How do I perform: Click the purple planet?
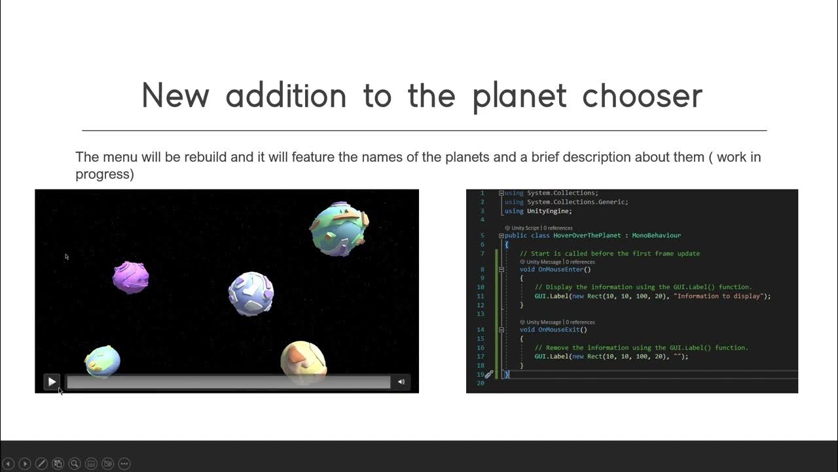[x=130, y=277]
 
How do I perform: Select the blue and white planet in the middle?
[x=251, y=293]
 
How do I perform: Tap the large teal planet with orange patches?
[x=338, y=228]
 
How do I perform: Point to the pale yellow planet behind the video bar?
[x=303, y=359]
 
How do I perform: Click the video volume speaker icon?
[x=401, y=382]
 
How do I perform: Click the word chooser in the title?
[x=642, y=96]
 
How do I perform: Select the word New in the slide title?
[x=175, y=96]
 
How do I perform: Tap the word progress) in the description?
[x=105, y=174]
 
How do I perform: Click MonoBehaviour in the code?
[x=656, y=235]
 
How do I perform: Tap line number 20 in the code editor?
[x=481, y=383]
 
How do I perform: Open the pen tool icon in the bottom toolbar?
[x=41, y=463]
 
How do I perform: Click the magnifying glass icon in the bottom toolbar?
[x=75, y=463]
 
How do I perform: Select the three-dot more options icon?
[x=124, y=463]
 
